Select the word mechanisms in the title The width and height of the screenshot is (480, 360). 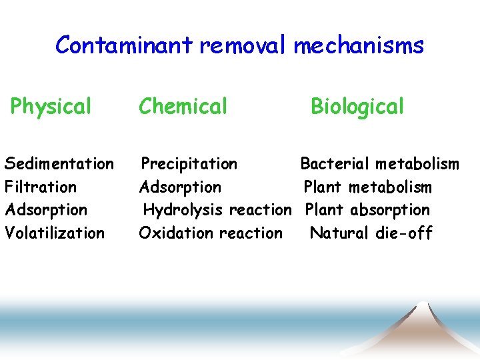click(359, 45)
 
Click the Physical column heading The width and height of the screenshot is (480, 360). click(51, 106)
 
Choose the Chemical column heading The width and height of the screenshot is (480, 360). click(183, 106)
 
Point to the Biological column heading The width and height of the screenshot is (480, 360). click(357, 107)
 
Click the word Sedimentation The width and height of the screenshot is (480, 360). click(59, 163)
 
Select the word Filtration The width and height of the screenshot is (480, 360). click(41, 187)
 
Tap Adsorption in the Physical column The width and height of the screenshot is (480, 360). click(46, 209)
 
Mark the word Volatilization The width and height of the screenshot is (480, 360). click(55, 233)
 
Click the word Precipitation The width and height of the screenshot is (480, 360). click(189, 163)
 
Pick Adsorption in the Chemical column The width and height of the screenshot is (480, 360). click(180, 187)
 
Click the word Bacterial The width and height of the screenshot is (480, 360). click(335, 163)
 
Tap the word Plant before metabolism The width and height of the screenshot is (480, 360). click(323, 187)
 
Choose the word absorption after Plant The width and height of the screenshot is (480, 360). click(390, 210)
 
